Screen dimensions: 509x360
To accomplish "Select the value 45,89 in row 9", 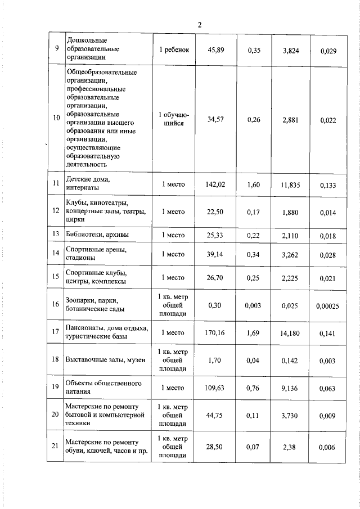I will (x=216, y=50).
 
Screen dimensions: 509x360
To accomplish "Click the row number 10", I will (x=56, y=118).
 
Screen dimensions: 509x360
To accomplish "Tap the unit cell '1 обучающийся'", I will (x=173, y=118).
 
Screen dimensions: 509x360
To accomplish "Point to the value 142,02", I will (x=216, y=183).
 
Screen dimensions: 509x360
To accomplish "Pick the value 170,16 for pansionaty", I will (x=216, y=333).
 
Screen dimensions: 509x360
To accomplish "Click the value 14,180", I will (x=290, y=333).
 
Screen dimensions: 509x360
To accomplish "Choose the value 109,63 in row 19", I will (x=216, y=388).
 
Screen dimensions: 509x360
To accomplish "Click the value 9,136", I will (x=290, y=388).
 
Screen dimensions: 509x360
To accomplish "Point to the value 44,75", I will (x=216, y=415).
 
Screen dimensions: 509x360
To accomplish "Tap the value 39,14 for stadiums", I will (x=216, y=254).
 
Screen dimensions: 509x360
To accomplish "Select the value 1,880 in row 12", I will (x=290, y=211).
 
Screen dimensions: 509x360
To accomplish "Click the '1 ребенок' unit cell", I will (x=173, y=50).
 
